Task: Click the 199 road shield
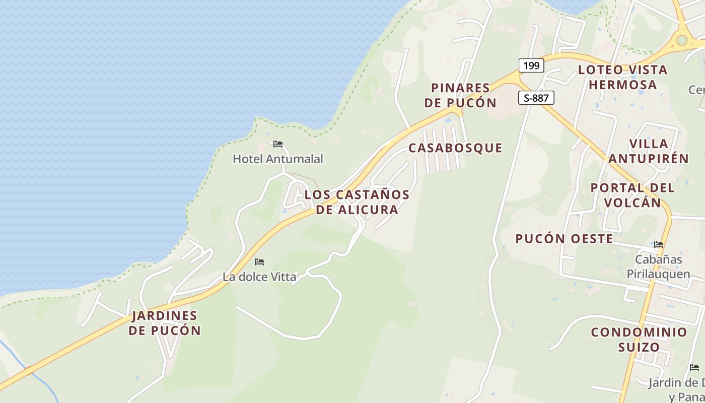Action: [531, 65]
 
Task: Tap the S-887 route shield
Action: [536, 98]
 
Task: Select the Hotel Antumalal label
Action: [278, 159]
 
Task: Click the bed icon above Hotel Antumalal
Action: [278, 144]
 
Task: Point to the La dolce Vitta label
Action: [259, 277]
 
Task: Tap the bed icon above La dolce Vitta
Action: [259, 262]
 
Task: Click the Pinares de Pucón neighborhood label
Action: [460, 96]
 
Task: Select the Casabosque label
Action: [455, 148]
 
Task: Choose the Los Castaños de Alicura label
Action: [357, 202]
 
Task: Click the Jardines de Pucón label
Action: [165, 323]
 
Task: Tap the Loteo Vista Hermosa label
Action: [623, 77]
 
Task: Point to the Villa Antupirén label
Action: [649, 151]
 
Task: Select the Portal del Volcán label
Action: [632, 195]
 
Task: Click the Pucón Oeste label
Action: [564, 239]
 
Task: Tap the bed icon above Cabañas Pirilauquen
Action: [659, 245]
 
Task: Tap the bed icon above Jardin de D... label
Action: [694, 368]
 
